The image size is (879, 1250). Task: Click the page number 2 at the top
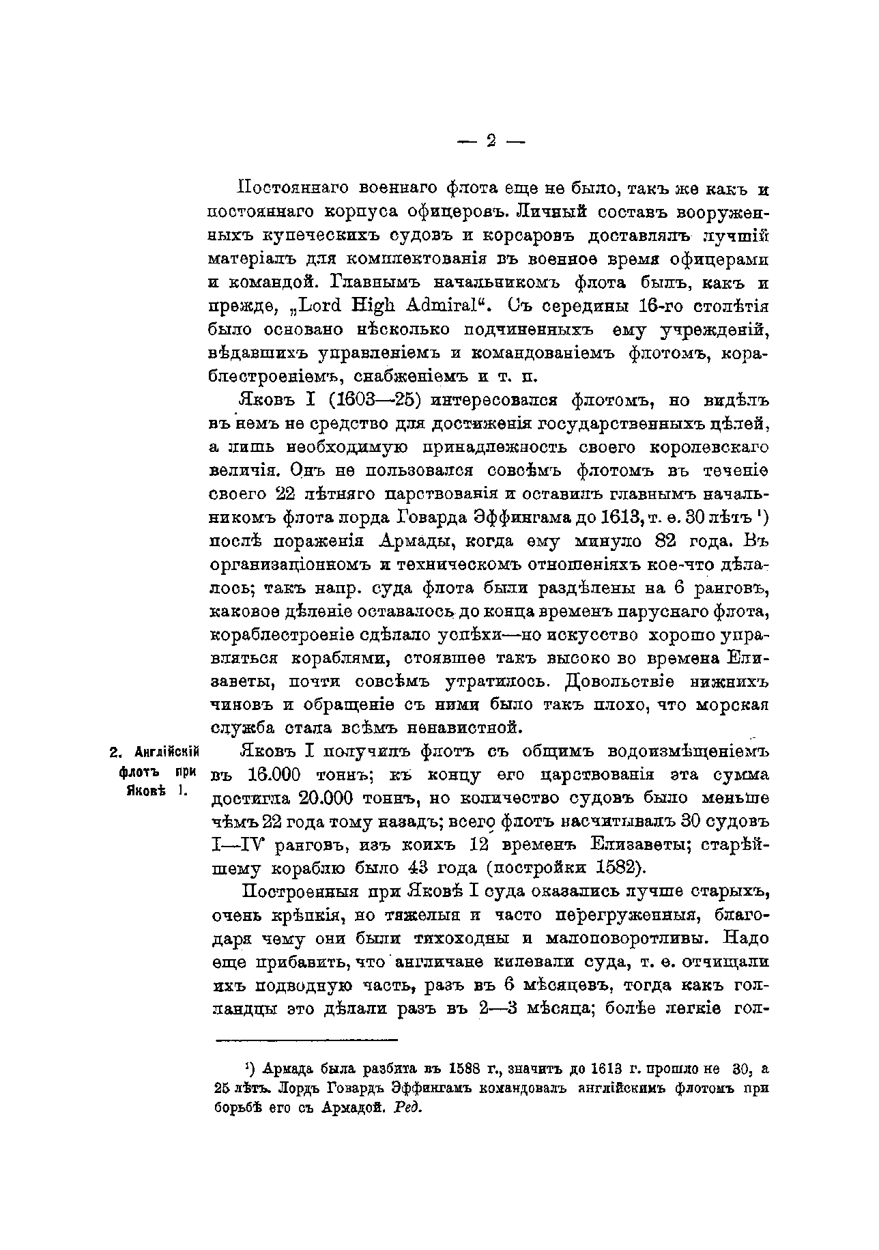click(x=490, y=141)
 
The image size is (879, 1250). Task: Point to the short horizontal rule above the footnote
click(x=306, y=1040)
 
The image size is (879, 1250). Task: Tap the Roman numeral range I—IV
click(x=240, y=846)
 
